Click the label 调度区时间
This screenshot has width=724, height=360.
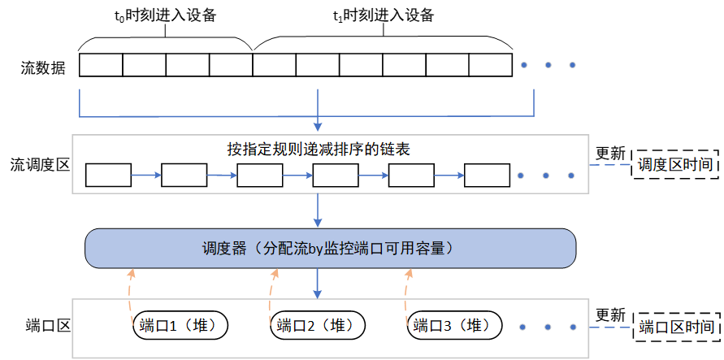[675, 164]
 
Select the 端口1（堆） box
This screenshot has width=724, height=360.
[180, 326]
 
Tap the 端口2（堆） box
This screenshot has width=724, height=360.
[318, 326]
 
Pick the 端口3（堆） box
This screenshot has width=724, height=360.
[454, 326]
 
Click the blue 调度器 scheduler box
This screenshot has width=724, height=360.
[331, 248]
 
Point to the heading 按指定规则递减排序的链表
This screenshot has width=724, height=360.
[323, 150]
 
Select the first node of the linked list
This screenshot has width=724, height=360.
[108, 175]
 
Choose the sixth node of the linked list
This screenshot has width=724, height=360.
[488, 175]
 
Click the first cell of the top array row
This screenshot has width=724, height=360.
[101, 65]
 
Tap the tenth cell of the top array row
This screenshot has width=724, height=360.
[490, 65]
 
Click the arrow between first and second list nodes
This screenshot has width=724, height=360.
[146, 174]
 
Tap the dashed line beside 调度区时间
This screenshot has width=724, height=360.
[611, 165]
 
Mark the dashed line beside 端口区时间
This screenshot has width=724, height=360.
[611, 328]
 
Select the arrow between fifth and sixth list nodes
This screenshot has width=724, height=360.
[449, 174]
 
